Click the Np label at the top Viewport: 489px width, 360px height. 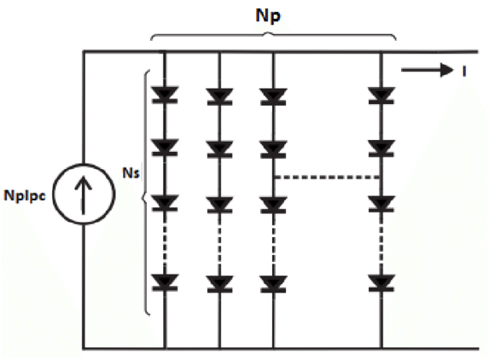[x=268, y=15]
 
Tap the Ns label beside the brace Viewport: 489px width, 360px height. [x=131, y=173]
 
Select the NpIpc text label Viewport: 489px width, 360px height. [x=25, y=196]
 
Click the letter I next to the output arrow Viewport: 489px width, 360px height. [x=464, y=72]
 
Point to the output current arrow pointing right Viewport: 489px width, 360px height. [x=427, y=70]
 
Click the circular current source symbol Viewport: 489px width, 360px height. [x=84, y=194]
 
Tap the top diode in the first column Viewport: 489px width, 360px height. [x=165, y=95]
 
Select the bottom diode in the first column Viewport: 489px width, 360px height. [x=165, y=282]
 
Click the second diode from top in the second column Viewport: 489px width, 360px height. [x=219, y=149]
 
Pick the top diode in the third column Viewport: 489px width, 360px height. [x=273, y=96]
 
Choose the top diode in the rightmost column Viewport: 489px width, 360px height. [x=381, y=95]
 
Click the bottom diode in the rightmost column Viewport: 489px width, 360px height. [x=381, y=282]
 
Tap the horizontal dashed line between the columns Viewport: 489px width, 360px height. [x=327, y=177]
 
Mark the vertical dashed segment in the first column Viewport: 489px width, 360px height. [x=165, y=243]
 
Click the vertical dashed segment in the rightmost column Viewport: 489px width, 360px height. [x=381, y=243]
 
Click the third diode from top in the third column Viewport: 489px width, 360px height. [x=273, y=205]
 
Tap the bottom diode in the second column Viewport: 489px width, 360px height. [x=219, y=284]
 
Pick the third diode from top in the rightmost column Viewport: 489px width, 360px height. [x=381, y=204]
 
